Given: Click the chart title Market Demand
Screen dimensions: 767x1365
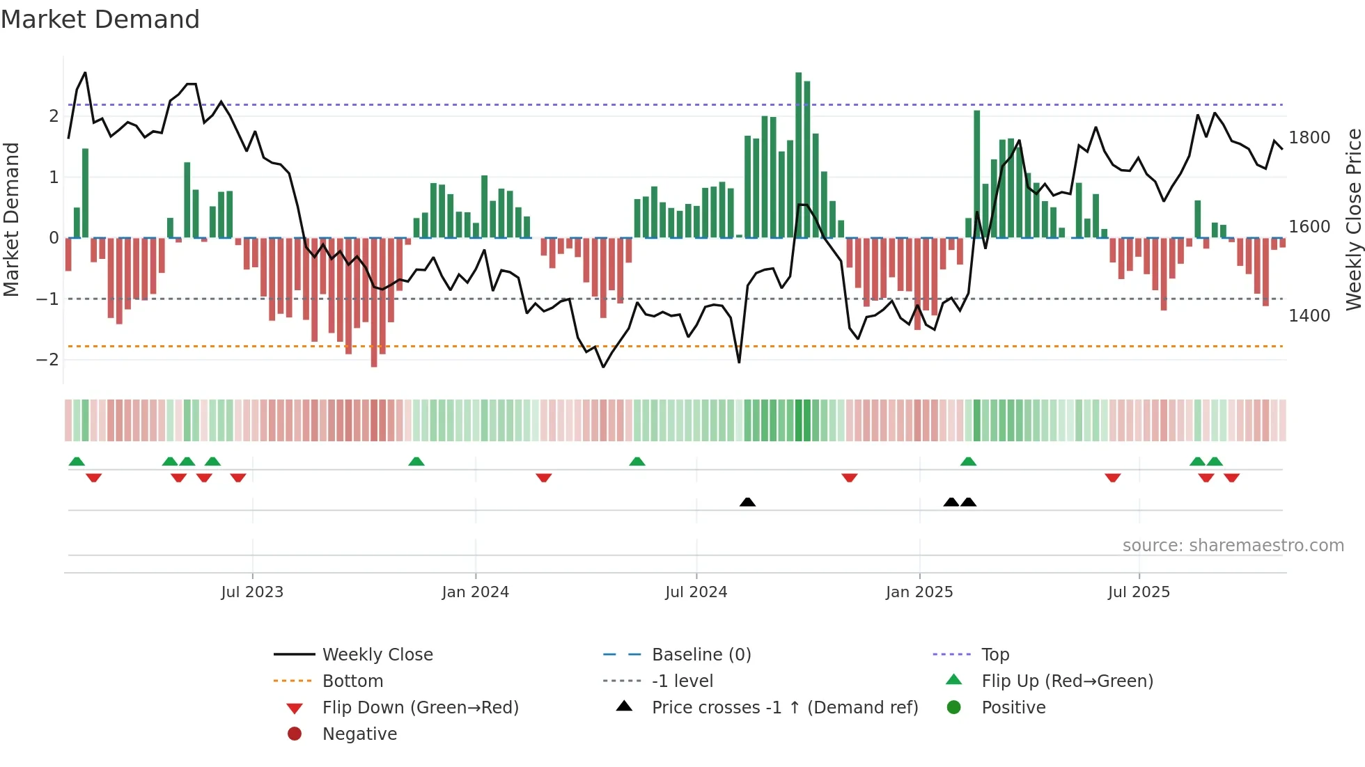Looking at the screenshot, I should [100, 19].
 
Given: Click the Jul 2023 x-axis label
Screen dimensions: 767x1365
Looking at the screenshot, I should [252, 592].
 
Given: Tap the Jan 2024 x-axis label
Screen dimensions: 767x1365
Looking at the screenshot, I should [475, 592].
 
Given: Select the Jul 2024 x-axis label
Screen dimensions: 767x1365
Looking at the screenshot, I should [696, 592].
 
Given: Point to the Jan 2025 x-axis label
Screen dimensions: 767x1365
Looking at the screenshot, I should [919, 592].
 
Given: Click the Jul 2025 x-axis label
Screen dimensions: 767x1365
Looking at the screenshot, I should [1139, 592].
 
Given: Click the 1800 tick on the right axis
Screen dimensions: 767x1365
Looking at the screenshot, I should [1309, 138].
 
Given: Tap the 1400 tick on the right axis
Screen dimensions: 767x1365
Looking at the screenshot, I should [1309, 316].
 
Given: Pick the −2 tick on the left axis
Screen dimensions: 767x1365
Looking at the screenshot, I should [47, 360].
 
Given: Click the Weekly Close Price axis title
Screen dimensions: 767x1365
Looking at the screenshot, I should [1353, 219].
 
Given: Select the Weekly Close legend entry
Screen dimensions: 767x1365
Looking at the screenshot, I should [377, 655].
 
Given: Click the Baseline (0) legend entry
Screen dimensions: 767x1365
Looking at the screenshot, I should [701, 655].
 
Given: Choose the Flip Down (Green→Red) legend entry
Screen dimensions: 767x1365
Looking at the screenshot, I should [420, 708].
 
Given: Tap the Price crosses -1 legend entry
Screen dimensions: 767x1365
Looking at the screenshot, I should [784, 708].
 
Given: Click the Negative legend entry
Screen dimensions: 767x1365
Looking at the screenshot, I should [359, 734].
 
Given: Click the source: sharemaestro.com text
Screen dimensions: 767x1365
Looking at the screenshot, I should [1233, 546].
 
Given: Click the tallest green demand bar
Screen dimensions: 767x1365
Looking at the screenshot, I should [799, 155].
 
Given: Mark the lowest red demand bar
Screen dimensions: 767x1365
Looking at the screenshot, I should [374, 303].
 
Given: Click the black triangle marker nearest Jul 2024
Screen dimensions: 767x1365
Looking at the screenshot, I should [747, 502].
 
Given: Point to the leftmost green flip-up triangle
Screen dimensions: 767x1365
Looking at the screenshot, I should [77, 461].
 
